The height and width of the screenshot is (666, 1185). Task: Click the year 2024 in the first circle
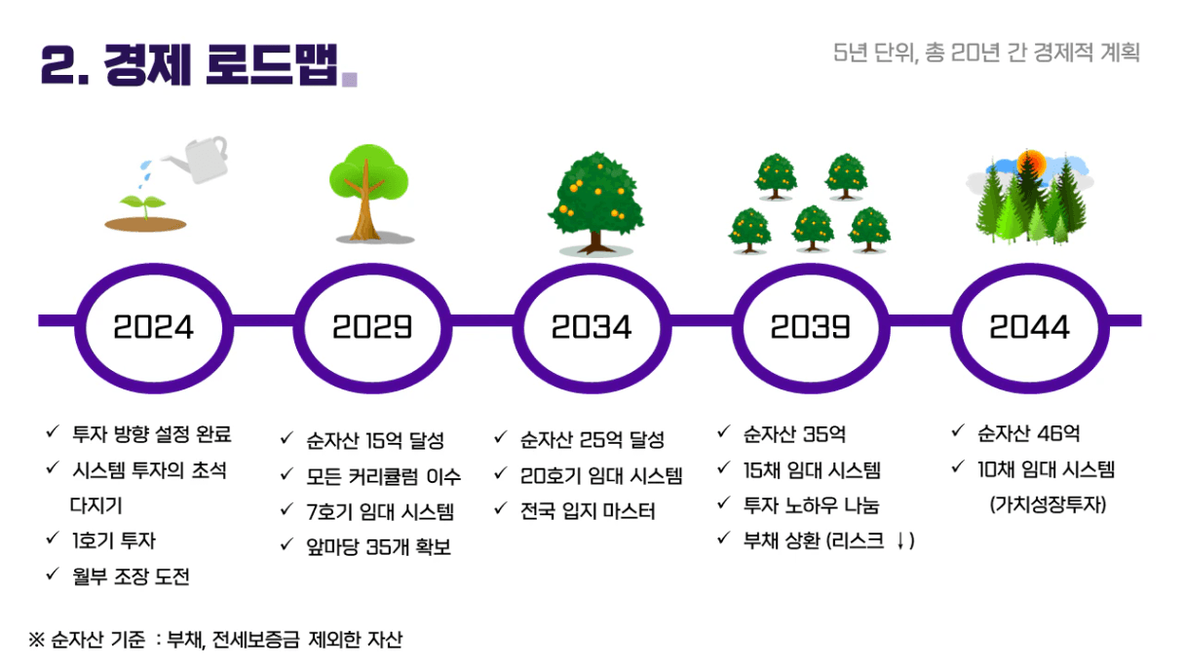click(x=153, y=326)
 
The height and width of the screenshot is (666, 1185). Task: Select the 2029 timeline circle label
click(x=372, y=326)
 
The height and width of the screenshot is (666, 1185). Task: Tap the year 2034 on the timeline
click(x=591, y=326)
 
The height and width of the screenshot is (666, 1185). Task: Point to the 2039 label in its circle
click(x=810, y=326)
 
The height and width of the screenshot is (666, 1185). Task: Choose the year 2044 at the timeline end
click(x=1029, y=326)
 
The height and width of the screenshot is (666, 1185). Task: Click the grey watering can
click(x=199, y=159)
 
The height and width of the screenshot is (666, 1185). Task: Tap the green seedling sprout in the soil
click(x=143, y=205)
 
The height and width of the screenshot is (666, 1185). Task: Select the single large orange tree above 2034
click(x=596, y=203)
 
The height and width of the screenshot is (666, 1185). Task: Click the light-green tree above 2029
click(x=368, y=193)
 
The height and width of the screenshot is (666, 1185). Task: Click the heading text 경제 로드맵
click(x=220, y=65)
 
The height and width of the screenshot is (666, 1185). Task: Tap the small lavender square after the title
click(x=350, y=79)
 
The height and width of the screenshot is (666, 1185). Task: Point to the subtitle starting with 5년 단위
click(x=986, y=53)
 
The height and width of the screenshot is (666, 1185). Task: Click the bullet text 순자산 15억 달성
click(x=375, y=440)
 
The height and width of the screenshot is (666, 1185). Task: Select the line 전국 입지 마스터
click(x=588, y=511)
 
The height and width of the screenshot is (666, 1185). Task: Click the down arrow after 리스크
click(x=900, y=541)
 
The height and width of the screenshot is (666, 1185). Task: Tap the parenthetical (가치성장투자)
click(x=1048, y=504)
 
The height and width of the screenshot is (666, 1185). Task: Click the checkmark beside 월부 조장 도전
click(x=53, y=573)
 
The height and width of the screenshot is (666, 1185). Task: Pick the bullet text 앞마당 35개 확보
click(x=378, y=547)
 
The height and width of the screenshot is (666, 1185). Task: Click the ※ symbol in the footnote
click(x=36, y=640)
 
